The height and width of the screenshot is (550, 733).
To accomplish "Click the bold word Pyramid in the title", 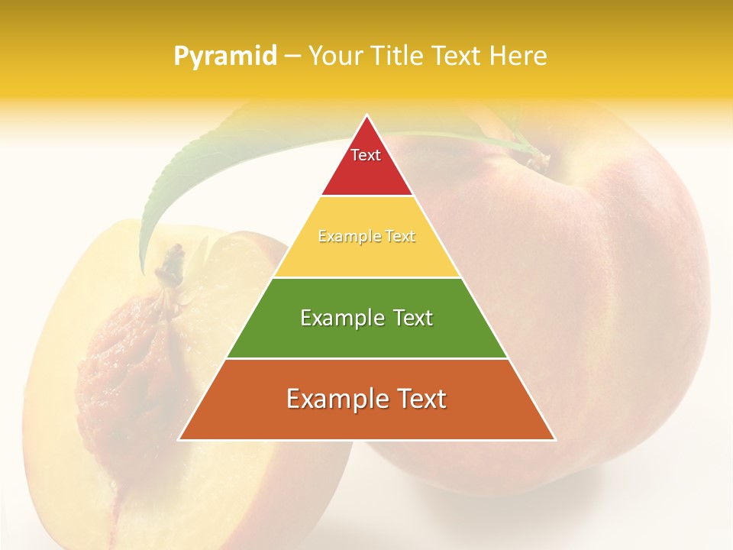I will (x=224, y=57).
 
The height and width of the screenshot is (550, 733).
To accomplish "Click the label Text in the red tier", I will (x=366, y=155).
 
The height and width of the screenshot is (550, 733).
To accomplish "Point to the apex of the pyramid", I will (x=367, y=116).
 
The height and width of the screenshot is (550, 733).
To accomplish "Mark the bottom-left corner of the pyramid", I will (x=180, y=439).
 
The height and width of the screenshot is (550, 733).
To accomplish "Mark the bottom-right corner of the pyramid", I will (x=554, y=439).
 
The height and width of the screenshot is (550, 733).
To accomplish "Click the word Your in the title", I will (x=333, y=57).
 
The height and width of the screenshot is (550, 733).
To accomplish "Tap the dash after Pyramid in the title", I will (x=292, y=57).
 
